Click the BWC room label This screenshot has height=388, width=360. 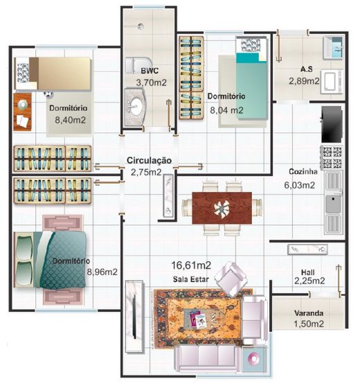[x=150, y=71]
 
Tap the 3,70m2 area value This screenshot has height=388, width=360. [x=152, y=82]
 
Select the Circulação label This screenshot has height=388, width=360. [x=149, y=160]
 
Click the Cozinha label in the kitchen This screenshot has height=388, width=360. [x=303, y=172]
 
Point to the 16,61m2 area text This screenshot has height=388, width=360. [x=191, y=265]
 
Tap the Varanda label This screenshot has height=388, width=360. [x=309, y=313]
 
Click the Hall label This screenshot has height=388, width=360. [x=308, y=272]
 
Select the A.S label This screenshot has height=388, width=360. [x=307, y=69]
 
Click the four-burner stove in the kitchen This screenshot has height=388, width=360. [x=332, y=157]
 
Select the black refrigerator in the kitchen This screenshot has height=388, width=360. [x=332, y=125]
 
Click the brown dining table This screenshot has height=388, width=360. [x=222, y=208]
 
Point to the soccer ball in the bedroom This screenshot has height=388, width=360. [x=48, y=94]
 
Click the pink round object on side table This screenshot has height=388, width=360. [x=254, y=358]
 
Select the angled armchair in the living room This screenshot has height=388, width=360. [x=231, y=279]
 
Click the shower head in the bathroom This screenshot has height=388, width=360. [x=141, y=26]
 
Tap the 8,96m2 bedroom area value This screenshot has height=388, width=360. [x=102, y=272]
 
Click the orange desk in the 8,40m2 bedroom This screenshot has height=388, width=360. [x=22, y=112]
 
